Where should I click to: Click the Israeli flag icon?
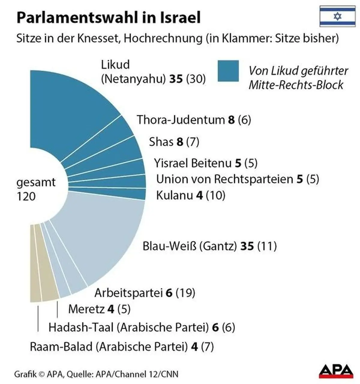(x=337, y=16)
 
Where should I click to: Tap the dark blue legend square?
(x=228, y=71)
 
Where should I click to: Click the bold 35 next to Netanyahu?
(x=176, y=79)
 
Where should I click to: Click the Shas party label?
(x=161, y=142)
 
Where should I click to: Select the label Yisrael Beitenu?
(x=193, y=163)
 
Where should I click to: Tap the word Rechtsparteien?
(x=253, y=179)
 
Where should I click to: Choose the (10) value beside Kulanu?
(x=215, y=195)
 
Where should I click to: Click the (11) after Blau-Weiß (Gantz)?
(x=267, y=246)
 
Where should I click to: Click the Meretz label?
(x=86, y=309)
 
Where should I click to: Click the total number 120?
(x=26, y=196)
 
